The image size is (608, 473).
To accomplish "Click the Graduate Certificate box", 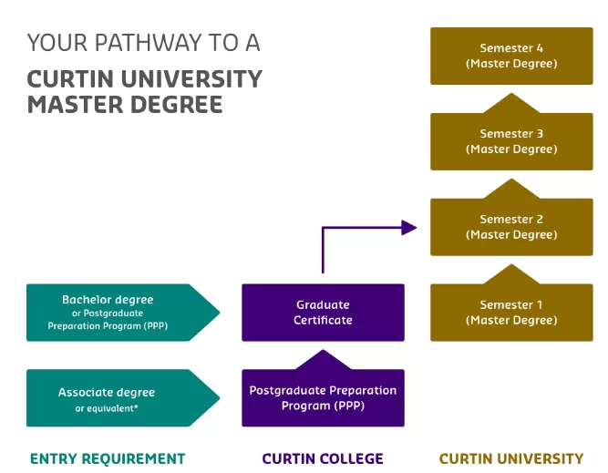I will (323, 313).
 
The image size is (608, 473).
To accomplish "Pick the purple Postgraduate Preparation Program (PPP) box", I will (323, 398).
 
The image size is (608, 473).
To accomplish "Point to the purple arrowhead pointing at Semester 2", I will (409, 228).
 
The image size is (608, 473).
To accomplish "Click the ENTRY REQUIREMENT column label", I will (108, 458).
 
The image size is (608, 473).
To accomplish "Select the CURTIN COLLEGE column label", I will (323, 458).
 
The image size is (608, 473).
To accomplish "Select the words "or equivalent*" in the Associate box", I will (107, 408).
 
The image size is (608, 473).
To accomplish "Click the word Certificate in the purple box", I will (323, 320).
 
